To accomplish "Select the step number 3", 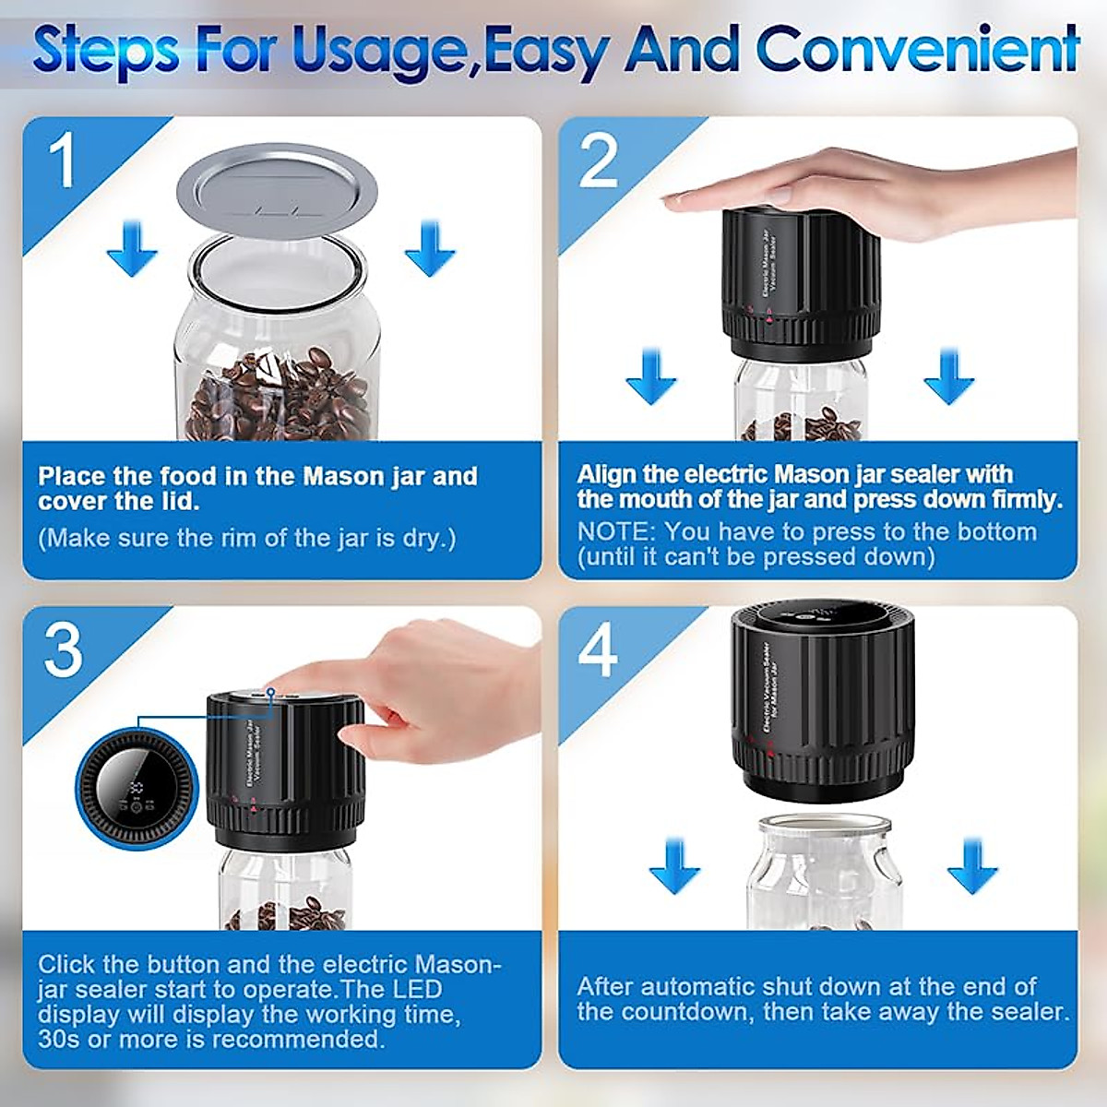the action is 64,651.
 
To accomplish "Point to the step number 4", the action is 598,651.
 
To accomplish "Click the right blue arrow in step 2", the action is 949,375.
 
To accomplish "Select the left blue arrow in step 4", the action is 674,865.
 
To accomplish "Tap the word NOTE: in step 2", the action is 616,532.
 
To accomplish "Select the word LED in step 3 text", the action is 418,989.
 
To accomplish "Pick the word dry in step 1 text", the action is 424,539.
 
